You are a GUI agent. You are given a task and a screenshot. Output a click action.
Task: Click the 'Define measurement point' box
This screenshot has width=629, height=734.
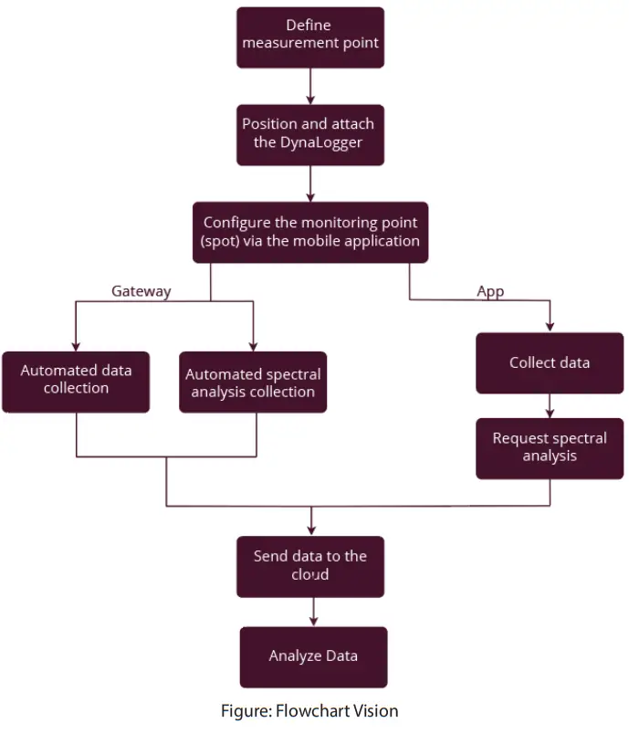(310, 37)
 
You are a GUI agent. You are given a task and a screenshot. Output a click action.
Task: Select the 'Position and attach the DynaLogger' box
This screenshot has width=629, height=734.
(310, 134)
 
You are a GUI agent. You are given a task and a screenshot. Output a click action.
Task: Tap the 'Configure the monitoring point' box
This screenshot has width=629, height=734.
(310, 232)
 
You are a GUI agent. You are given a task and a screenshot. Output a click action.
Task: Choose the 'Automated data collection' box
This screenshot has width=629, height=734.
(76, 382)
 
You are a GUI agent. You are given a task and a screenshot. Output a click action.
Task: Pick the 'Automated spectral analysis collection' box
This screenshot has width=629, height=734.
(253, 383)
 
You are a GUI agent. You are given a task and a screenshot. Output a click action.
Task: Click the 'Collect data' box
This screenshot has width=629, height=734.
(550, 362)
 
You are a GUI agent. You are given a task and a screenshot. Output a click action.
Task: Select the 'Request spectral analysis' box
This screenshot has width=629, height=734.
(550, 447)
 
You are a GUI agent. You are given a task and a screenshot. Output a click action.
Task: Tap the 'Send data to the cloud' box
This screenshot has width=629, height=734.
(310, 566)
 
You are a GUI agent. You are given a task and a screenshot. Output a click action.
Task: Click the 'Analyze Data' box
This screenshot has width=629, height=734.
(313, 656)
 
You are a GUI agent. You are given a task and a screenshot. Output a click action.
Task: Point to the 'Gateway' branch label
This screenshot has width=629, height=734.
(142, 291)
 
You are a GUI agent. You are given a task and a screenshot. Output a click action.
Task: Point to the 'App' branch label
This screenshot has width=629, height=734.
(490, 291)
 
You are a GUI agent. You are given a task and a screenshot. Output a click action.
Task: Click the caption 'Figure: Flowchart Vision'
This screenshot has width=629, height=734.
(309, 710)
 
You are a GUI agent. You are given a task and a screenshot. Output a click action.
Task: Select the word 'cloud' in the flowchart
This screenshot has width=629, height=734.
(309, 575)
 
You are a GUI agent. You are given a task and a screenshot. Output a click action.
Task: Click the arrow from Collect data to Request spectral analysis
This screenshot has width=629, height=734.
(550, 404)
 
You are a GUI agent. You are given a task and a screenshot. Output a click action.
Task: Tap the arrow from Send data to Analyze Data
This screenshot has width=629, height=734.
(313, 611)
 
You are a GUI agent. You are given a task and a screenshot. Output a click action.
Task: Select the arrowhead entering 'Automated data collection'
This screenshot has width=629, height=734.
(76, 346)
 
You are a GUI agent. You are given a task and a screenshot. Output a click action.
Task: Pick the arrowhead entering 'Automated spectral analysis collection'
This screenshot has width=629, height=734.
(253, 346)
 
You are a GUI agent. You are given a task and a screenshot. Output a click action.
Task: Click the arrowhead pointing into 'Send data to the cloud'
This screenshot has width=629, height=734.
(311, 530)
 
